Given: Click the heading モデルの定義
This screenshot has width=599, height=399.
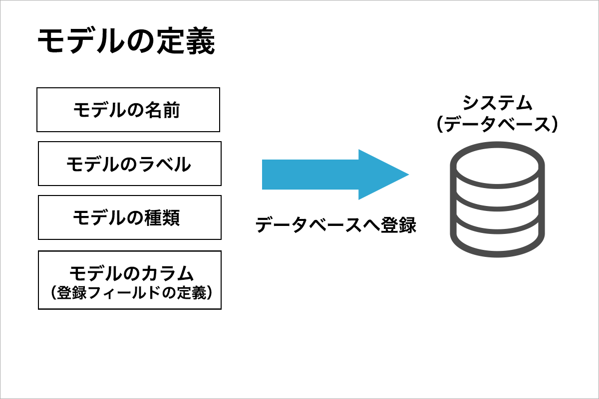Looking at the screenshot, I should [126, 42].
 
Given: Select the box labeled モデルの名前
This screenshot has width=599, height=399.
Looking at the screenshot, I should [128, 110].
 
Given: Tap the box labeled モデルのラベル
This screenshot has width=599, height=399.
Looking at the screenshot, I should [130, 164].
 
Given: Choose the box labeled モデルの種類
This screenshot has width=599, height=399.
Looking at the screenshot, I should [130, 217].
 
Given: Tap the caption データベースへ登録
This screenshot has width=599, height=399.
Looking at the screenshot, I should [335, 225].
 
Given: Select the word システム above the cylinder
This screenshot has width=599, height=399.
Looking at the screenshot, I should [497, 103].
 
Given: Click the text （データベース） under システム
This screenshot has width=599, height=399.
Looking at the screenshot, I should [497, 125].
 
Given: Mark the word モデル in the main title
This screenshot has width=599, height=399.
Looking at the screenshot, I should [80, 42].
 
